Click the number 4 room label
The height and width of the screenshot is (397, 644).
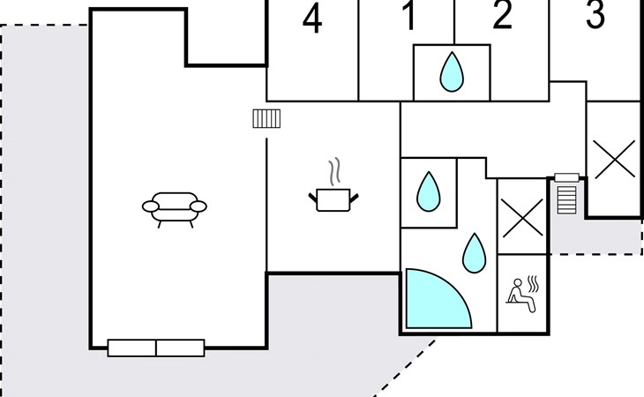click(x=312, y=19)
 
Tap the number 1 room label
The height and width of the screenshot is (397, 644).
click(x=408, y=17)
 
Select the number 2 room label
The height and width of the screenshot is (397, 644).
click(x=502, y=16)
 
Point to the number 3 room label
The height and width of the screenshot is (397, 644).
click(x=595, y=14)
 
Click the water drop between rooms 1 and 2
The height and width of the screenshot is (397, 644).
click(x=452, y=71)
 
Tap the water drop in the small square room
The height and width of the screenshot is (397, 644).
click(x=429, y=191)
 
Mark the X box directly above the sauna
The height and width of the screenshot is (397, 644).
click(x=522, y=216)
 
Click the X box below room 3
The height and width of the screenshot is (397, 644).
click(x=613, y=160)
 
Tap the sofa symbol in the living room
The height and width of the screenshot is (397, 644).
click(x=174, y=208)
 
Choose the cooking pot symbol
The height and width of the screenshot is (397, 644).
click(x=333, y=198)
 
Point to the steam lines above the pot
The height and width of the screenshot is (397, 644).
click(x=333, y=170)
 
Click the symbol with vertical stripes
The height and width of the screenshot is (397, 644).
click(x=266, y=118)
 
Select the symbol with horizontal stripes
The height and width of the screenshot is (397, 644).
click(x=567, y=196)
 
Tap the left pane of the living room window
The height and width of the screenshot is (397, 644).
click(x=132, y=348)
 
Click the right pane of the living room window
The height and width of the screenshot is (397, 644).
click(x=180, y=348)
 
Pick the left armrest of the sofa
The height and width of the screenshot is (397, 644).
click(x=149, y=206)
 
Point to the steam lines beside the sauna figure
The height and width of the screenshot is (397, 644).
click(x=533, y=284)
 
